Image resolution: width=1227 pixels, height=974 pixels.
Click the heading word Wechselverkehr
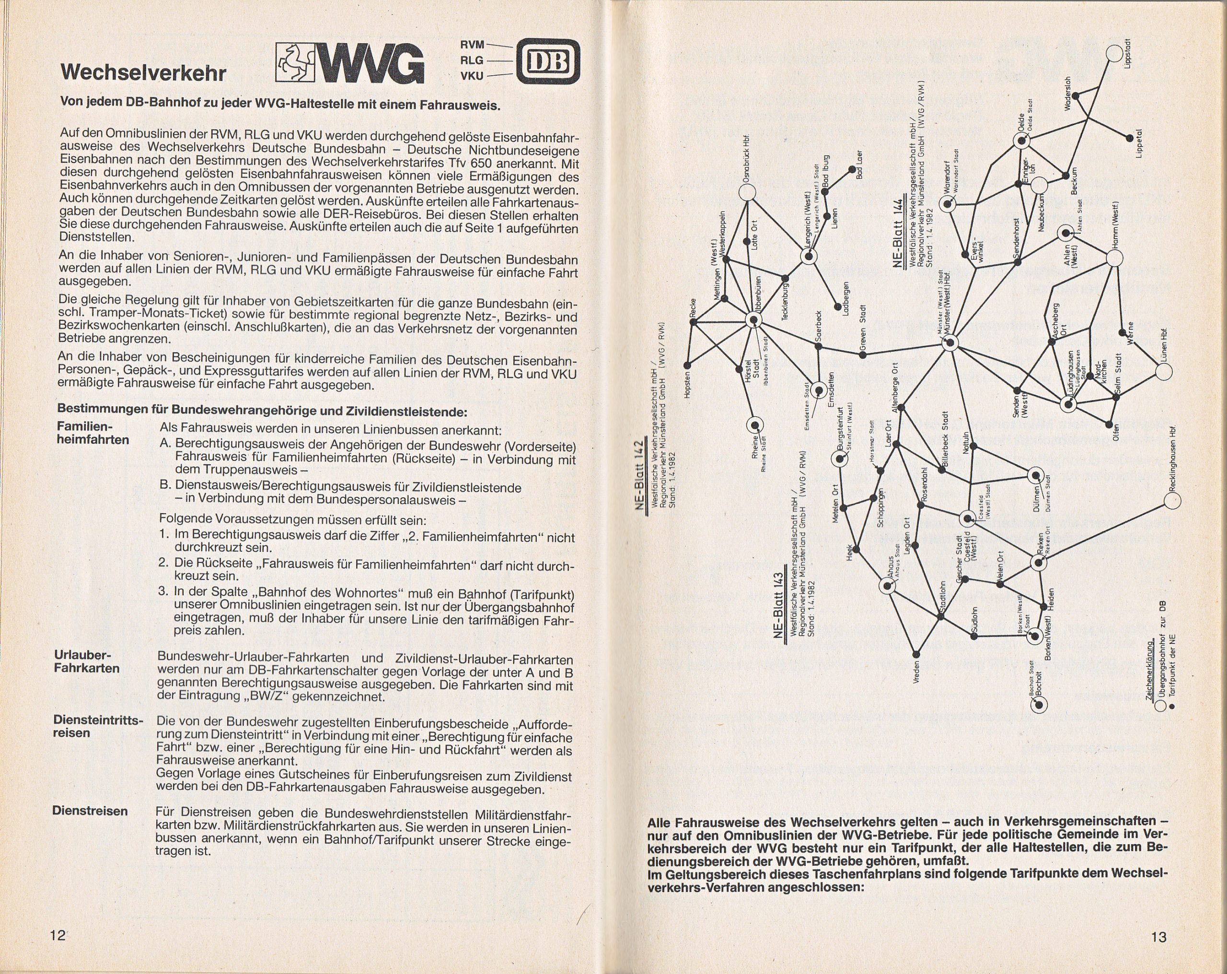click(x=143, y=73)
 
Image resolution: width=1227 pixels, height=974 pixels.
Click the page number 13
click(x=1159, y=937)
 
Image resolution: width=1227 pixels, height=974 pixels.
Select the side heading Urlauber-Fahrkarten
click(x=87, y=661)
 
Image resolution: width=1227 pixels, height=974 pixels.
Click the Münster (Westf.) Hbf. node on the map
click(x=950, y=343)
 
